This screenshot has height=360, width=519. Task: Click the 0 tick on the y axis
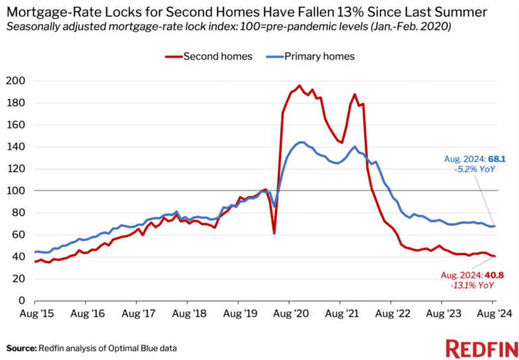pyautogui.click(x=22, y=301)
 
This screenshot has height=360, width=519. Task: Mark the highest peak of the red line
pyautogui.click(x=299, y=86)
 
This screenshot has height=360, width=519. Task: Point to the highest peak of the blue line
pyautogui.click(x=301, y=142)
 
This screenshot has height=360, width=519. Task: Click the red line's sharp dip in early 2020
pyautogui.click(x=274, y=233)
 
